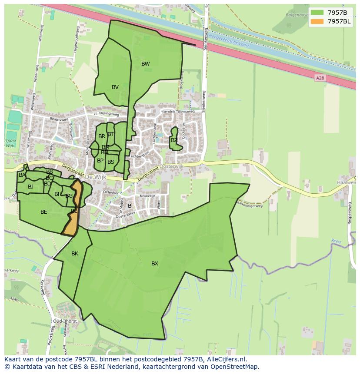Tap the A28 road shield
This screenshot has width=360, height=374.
click(x=320, y=78)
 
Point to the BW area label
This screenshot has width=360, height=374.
click(x=145, y=64)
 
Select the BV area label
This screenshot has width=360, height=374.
click(x=115, y=87)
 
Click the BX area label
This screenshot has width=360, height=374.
click(x=155, y=264)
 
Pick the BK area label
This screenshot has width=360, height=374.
click(x=75, y=254)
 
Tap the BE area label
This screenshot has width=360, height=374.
click(x=43, y=212)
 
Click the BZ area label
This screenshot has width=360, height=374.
click(x=174, y=140)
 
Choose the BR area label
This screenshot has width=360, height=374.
click(x=101, y=136)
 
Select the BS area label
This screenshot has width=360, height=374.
click(x=111, y=162)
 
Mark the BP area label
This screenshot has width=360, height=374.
click(x=100, y=161)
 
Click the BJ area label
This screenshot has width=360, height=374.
click(x=30, y=187)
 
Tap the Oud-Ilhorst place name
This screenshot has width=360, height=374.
click(x=64, y=321)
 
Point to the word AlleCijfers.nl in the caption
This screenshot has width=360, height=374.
click(x=226, y=359)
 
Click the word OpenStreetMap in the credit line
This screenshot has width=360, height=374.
click(x=235, y=367)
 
